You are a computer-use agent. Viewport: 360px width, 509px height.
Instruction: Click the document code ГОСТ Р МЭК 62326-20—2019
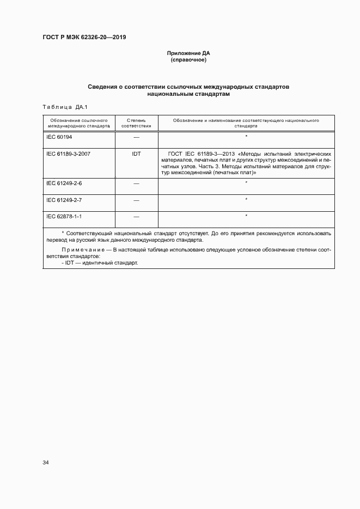[84, 38]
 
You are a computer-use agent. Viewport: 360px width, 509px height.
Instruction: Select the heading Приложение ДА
[188, 53]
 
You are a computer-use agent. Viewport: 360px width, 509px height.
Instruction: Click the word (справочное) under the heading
[188, 60]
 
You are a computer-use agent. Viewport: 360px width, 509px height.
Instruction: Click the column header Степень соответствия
[136, 122]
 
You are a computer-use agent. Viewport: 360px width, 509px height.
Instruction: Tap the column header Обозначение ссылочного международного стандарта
[78, 122]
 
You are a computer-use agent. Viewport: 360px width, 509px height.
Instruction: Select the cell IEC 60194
[59, 137]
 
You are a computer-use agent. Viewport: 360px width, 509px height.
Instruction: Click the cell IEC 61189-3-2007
[69, 154]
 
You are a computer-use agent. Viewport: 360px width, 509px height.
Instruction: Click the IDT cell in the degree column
[136, 154]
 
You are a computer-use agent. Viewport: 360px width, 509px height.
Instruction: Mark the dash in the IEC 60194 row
[136, 137]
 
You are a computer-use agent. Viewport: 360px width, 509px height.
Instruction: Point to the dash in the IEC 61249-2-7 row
[136, 201]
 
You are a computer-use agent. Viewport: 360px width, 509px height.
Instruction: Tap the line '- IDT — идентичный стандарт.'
[100, 263]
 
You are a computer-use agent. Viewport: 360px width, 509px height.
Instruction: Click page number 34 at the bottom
[46, 462]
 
